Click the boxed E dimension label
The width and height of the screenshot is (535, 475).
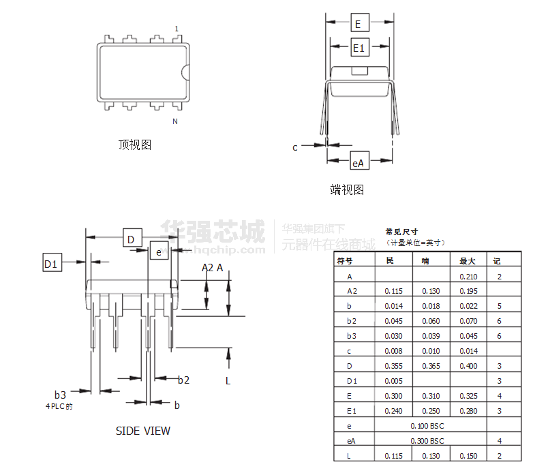click(x=359, y=23)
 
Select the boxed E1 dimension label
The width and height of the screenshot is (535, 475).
click(x=359, y=48)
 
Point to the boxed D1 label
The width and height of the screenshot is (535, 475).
click(x=51, y=262)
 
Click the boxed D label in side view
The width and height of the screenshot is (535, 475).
click(x=132, y=239)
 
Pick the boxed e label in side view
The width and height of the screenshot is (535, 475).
click(x=158, y=251)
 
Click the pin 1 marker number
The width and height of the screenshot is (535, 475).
click(x=177, y=29)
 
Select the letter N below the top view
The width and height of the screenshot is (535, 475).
click(x=175, y=122)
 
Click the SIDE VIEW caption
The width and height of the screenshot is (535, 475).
click(x=143, y=431)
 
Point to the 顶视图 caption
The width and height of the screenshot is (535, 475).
click(x=134, y=144)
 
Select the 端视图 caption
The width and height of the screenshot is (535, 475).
click(x=347, y=189)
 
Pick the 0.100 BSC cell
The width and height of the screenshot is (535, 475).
click(x=427, y=426)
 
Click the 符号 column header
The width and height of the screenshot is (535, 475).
click(x=346, y=261)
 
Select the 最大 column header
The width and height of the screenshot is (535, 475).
click(x=468, y=261)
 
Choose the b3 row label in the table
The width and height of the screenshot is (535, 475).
click(x=351, y=336)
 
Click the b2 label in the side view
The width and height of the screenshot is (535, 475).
click(x=183, y=380)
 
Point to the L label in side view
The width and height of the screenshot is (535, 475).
click(x=228, y=380)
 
